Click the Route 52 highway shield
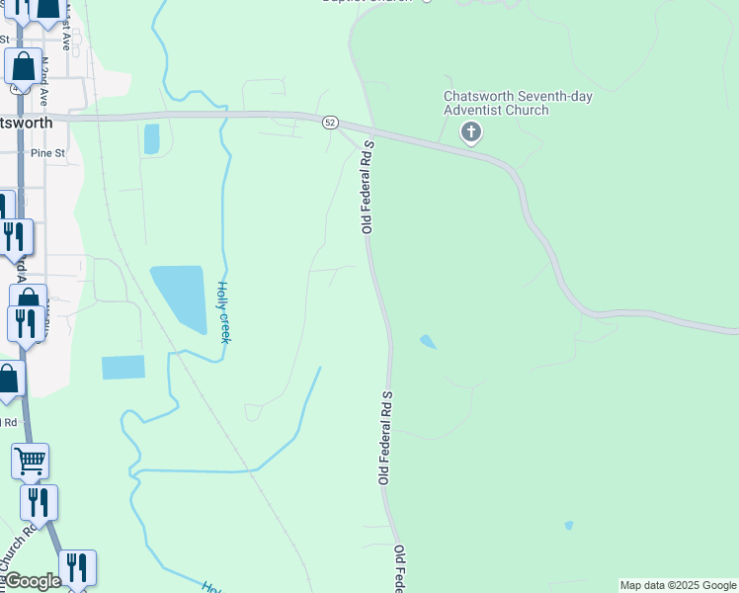(330, 123)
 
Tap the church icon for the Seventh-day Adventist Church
(472, 132)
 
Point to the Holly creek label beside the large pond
(223, 312)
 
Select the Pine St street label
(47, 153)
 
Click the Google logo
(33, 581)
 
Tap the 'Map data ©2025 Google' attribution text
(678, 585)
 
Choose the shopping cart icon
(31, 460)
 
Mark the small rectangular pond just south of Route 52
(151, 139)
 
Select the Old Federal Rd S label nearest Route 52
(368, 187)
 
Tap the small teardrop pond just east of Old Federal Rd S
(428, 342)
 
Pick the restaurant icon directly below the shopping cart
(39, 502)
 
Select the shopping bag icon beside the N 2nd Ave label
(22, 66)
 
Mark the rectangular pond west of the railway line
(123, 368)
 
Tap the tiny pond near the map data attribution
(568, 525)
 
